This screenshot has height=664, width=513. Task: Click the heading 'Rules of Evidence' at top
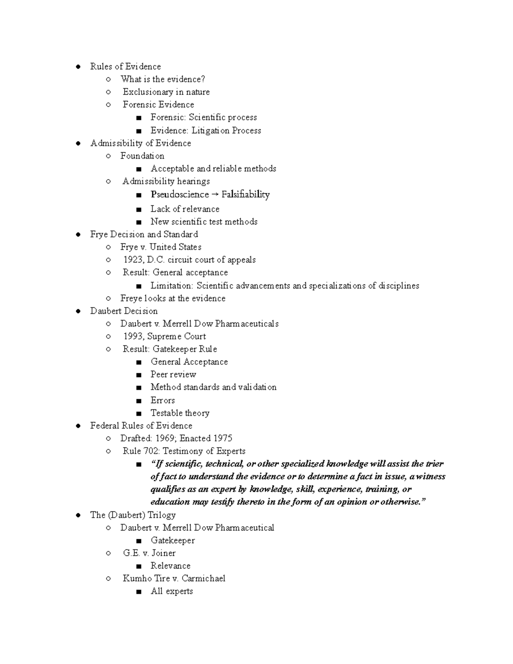[125, 67]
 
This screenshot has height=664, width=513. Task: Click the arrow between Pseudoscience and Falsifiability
[215, 195]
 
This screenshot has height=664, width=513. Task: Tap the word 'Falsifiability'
[245, 195]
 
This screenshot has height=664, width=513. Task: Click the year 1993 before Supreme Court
[133, 336]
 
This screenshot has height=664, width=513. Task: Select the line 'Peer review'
[173, 375]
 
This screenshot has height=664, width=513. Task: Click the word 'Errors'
[162, 401]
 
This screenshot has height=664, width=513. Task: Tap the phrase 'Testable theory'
[180, 413]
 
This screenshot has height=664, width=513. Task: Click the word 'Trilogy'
[161, 515]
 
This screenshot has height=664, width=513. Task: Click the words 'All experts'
[171, 591]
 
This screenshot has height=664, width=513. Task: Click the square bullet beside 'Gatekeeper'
[138, 541]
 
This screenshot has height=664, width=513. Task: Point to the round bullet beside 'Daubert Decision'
[78, 311]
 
